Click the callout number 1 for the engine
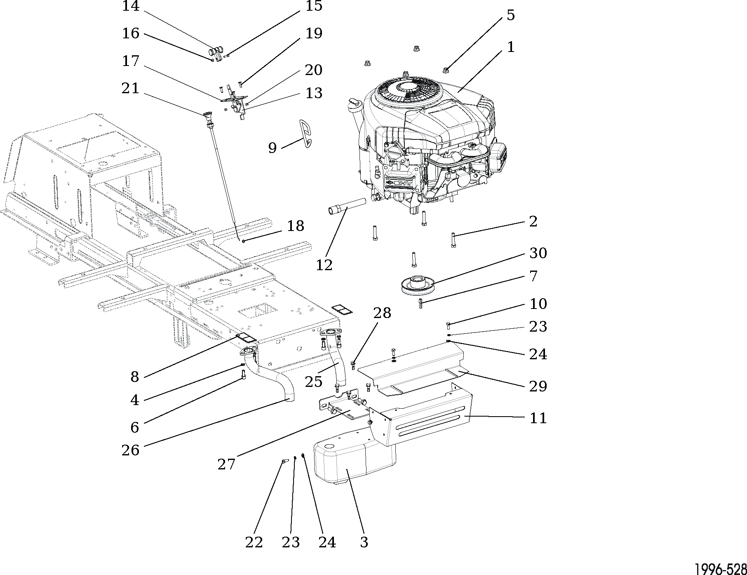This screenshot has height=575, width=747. tap(510, 47)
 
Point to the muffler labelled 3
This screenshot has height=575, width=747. tap(355, 462)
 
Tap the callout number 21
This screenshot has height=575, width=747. tap(130, 88)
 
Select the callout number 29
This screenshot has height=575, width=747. tap(538, 386)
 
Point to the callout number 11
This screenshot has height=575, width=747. tap(538, 418)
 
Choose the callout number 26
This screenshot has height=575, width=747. tap(130, 450)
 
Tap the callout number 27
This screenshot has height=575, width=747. tap(226, 464)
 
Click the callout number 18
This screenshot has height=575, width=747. tap(295, 226)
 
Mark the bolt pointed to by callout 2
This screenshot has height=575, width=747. tap(453, 240)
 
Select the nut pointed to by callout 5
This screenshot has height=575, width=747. tap(446, 70)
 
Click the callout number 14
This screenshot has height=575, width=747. tap(131, 6)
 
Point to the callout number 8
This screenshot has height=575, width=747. tap(134, 377)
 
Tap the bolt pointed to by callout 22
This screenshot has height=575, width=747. tap(284, 462)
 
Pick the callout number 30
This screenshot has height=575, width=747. tap(538, 253)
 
